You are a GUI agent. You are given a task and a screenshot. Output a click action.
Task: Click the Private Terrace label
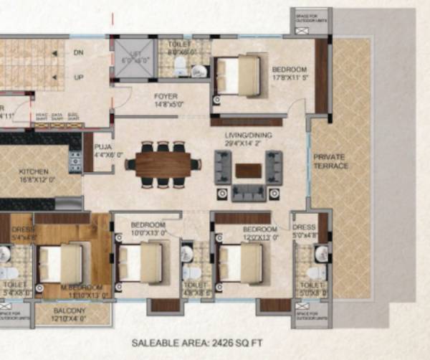[330, 160]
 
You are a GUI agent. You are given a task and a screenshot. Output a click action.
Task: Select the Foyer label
[165, 97]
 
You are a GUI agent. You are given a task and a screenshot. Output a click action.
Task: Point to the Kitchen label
[34, 172]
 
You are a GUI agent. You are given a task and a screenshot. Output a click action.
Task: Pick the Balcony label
[70, 312]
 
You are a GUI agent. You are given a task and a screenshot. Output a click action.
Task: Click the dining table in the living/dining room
[163, 164]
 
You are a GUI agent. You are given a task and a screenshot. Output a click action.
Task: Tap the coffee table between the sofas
[249, 170]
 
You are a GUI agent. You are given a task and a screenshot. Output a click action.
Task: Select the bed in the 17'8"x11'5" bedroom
[239, 75]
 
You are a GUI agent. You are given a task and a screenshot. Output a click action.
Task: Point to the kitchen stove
[75, 162]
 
